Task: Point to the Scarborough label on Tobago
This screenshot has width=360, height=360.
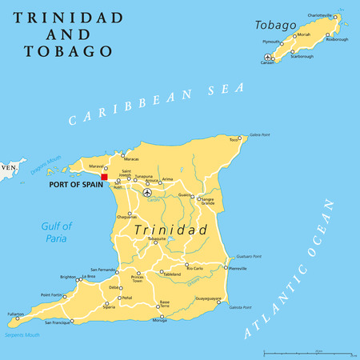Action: tap(301, 57)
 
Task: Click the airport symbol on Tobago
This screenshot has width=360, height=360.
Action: tap(266, 56)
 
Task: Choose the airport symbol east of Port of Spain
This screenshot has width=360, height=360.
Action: tap(146, 193)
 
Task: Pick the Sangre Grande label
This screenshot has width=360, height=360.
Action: tap(207, 201)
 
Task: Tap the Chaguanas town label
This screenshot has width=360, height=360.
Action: tap(126, 216)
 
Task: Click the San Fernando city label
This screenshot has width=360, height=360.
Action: tap(105, 270)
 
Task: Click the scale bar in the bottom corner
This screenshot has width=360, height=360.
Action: tap(309, 351)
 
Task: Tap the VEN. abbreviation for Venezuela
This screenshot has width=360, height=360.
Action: tap(9, 168)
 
